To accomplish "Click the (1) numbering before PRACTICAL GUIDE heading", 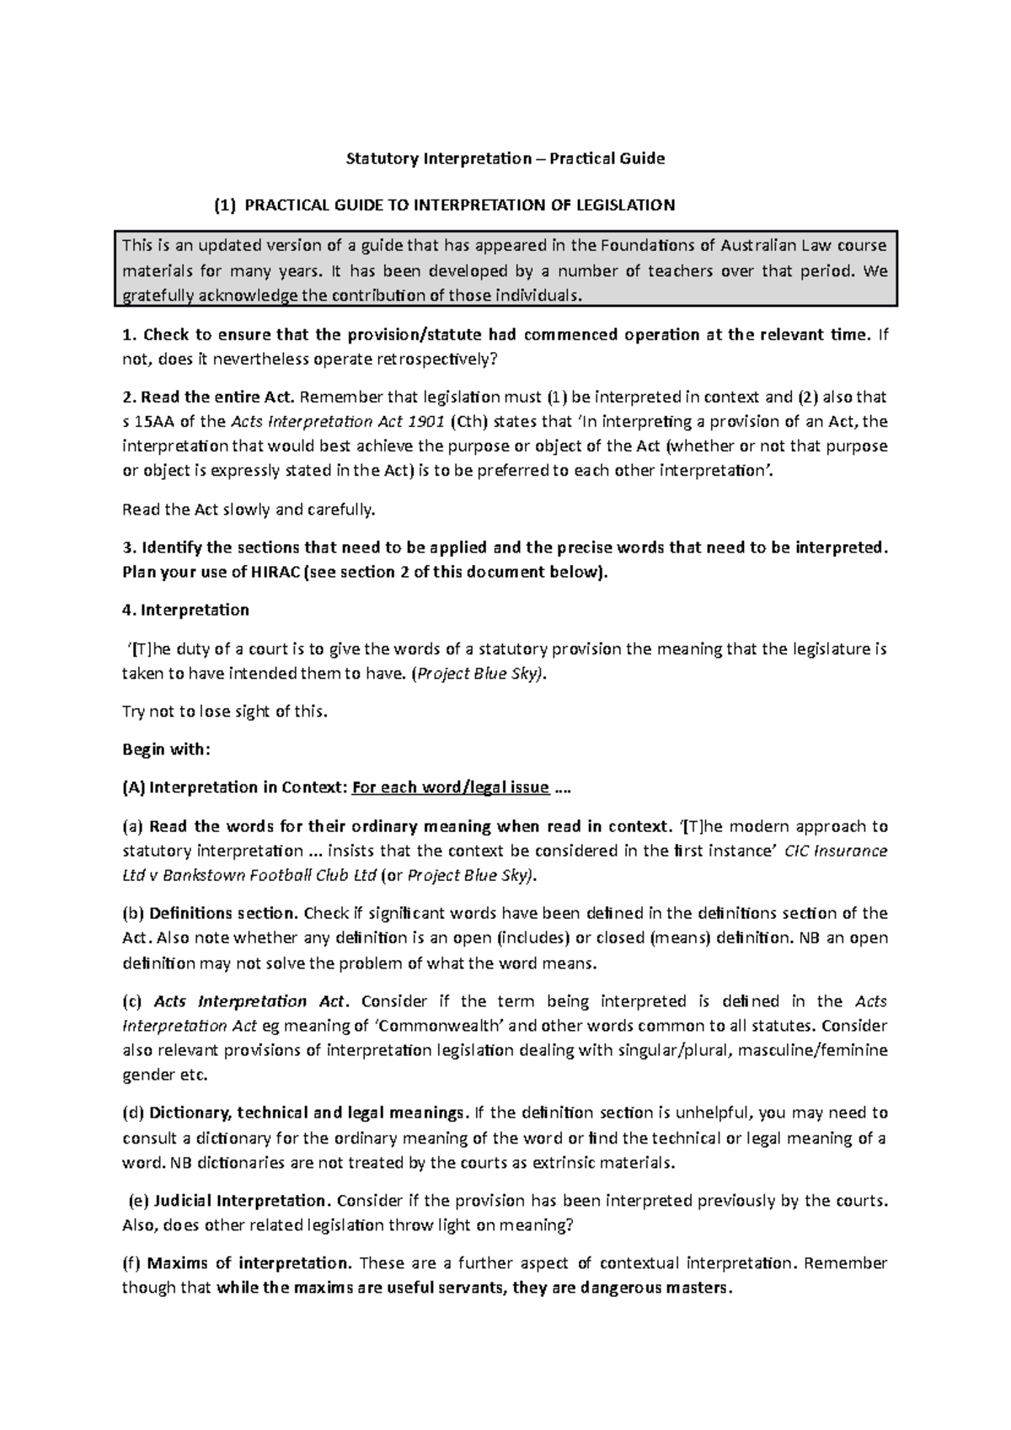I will click(x=225, y=205).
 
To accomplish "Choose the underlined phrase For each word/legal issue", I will click(x=451, y=787).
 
